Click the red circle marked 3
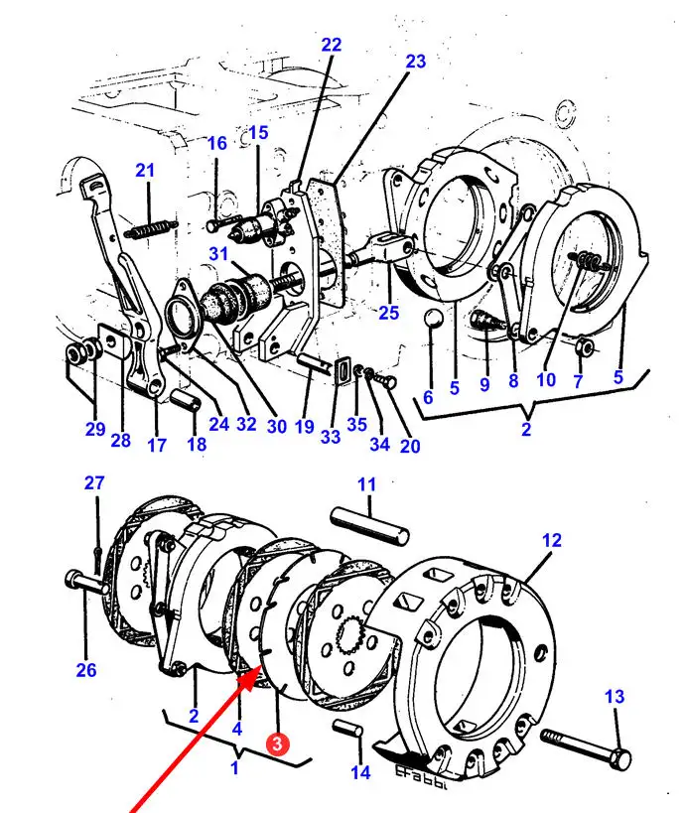click(280, 741)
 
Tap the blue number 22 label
click(331, 45)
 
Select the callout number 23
click(415, 62)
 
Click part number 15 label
click(258, 133)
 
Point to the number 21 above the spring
click(146, 171)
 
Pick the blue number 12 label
click(552, 540)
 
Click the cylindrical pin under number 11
click(370, 524)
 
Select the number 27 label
click(93, 483)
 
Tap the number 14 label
click(360, 772)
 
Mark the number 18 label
click(197, 444)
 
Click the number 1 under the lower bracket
click(234, 767)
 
